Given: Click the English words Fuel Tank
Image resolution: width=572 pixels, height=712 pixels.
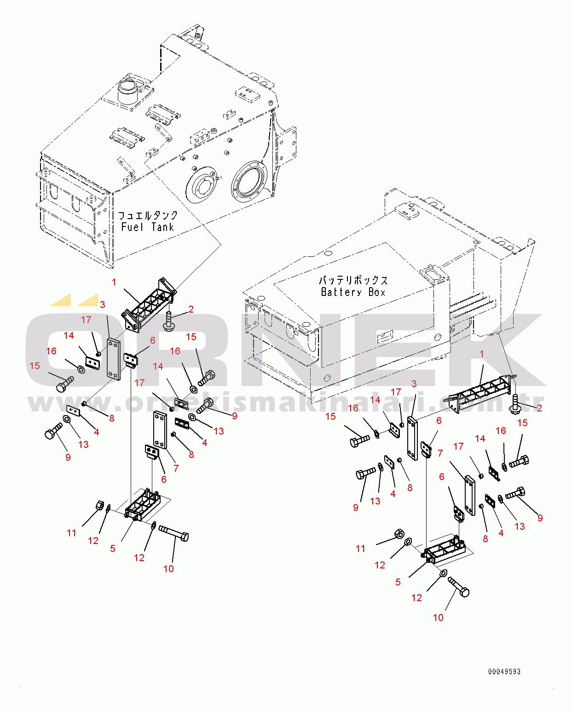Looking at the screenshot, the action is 148,227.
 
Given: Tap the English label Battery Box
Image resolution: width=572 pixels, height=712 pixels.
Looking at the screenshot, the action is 353,292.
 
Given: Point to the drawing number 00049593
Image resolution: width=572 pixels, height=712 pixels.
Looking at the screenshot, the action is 504,671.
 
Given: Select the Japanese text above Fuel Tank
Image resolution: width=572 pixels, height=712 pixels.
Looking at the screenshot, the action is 148,215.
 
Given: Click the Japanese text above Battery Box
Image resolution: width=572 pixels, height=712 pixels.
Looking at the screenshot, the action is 353,281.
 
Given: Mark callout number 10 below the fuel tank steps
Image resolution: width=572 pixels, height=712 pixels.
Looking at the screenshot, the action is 168,568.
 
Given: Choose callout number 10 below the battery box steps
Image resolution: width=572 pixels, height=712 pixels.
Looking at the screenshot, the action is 438,617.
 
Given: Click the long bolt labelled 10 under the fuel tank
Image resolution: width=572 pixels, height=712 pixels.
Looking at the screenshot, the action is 173,533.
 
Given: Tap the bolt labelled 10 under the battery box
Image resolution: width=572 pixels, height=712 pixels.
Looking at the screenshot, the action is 458,587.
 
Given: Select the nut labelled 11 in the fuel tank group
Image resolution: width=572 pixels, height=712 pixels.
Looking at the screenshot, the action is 99,505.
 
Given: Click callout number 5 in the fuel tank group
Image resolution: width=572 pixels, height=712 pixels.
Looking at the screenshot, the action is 112,548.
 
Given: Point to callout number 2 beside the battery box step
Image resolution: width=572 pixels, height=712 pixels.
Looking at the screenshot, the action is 539,408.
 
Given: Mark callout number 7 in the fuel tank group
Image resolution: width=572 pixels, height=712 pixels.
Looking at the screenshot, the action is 176,468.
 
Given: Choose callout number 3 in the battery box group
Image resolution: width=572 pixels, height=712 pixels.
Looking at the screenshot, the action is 414,383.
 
